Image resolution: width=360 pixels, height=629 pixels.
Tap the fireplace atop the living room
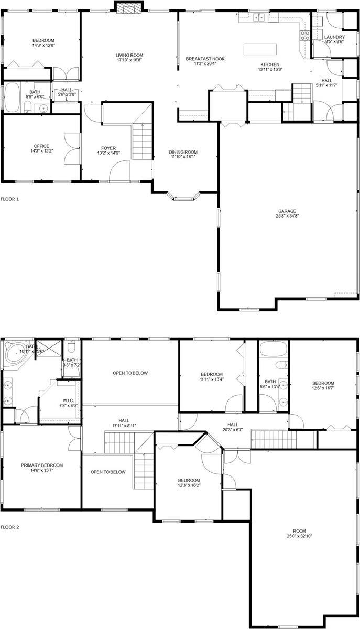[129, 7]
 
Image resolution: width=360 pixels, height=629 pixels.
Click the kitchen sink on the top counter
[259, 18]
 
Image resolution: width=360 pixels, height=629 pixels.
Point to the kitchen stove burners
[305, 36]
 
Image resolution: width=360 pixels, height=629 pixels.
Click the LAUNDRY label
[334, 37]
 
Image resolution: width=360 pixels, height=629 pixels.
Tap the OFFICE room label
[41, 146]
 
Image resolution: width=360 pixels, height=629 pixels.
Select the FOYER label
[108, 148]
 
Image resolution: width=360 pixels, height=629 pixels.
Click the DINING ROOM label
[183, 153]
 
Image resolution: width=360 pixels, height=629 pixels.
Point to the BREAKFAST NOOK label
[205, 59]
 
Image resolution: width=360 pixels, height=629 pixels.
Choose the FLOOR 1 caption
[10, 199]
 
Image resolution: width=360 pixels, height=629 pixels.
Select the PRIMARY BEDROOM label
[42, 465]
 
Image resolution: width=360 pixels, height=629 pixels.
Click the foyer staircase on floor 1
[141, 141]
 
